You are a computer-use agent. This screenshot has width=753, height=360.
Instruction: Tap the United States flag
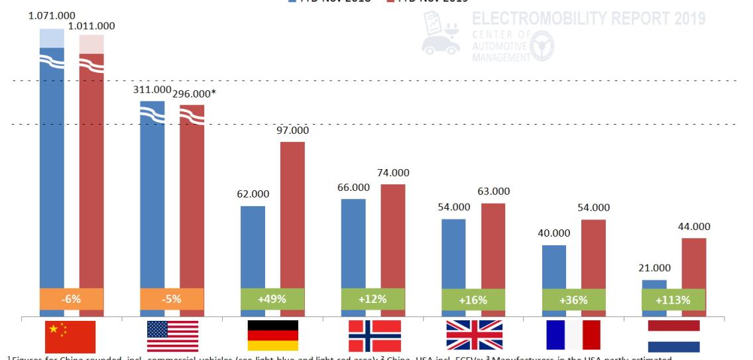pyautogui.click(x=172, y=335)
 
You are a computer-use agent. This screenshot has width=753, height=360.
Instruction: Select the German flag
pyautogui.click(x=272, y=335)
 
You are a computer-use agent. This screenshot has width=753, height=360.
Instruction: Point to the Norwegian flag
pyautogui.click(x=375, y=335)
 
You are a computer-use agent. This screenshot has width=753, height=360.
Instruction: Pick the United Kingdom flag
pyautogui.click(x=474, y=335)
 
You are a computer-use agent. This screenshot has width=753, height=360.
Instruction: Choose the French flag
pyautogui.click(x=573, y=335)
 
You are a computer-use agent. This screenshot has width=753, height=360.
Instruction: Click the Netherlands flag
pyautogui.click(x=674, y=335)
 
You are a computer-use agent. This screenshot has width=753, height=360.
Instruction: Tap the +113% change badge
pyautogui.click(x=673, y=300)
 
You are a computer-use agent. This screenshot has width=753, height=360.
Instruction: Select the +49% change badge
pyautogui.click(x=272, y=299)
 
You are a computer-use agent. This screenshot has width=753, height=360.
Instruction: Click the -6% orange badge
pyautogui.click(x=71, y=299)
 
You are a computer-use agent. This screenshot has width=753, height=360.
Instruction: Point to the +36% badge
pyautogui.click(x=573, y=300)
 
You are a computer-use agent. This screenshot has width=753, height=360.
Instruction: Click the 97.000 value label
pyautogui.click(x=292, y=131)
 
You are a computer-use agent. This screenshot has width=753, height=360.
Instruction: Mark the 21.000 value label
pyautogui.click(x=654, y=269)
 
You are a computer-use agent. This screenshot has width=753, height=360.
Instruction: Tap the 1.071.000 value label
pyautogui.click(x=52, y=15)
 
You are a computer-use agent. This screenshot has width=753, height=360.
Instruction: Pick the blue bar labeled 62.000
pyautogui.click(x=253, y=245)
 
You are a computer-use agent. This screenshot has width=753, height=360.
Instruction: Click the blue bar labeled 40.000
pyautogui.click(x=553, y=265)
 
